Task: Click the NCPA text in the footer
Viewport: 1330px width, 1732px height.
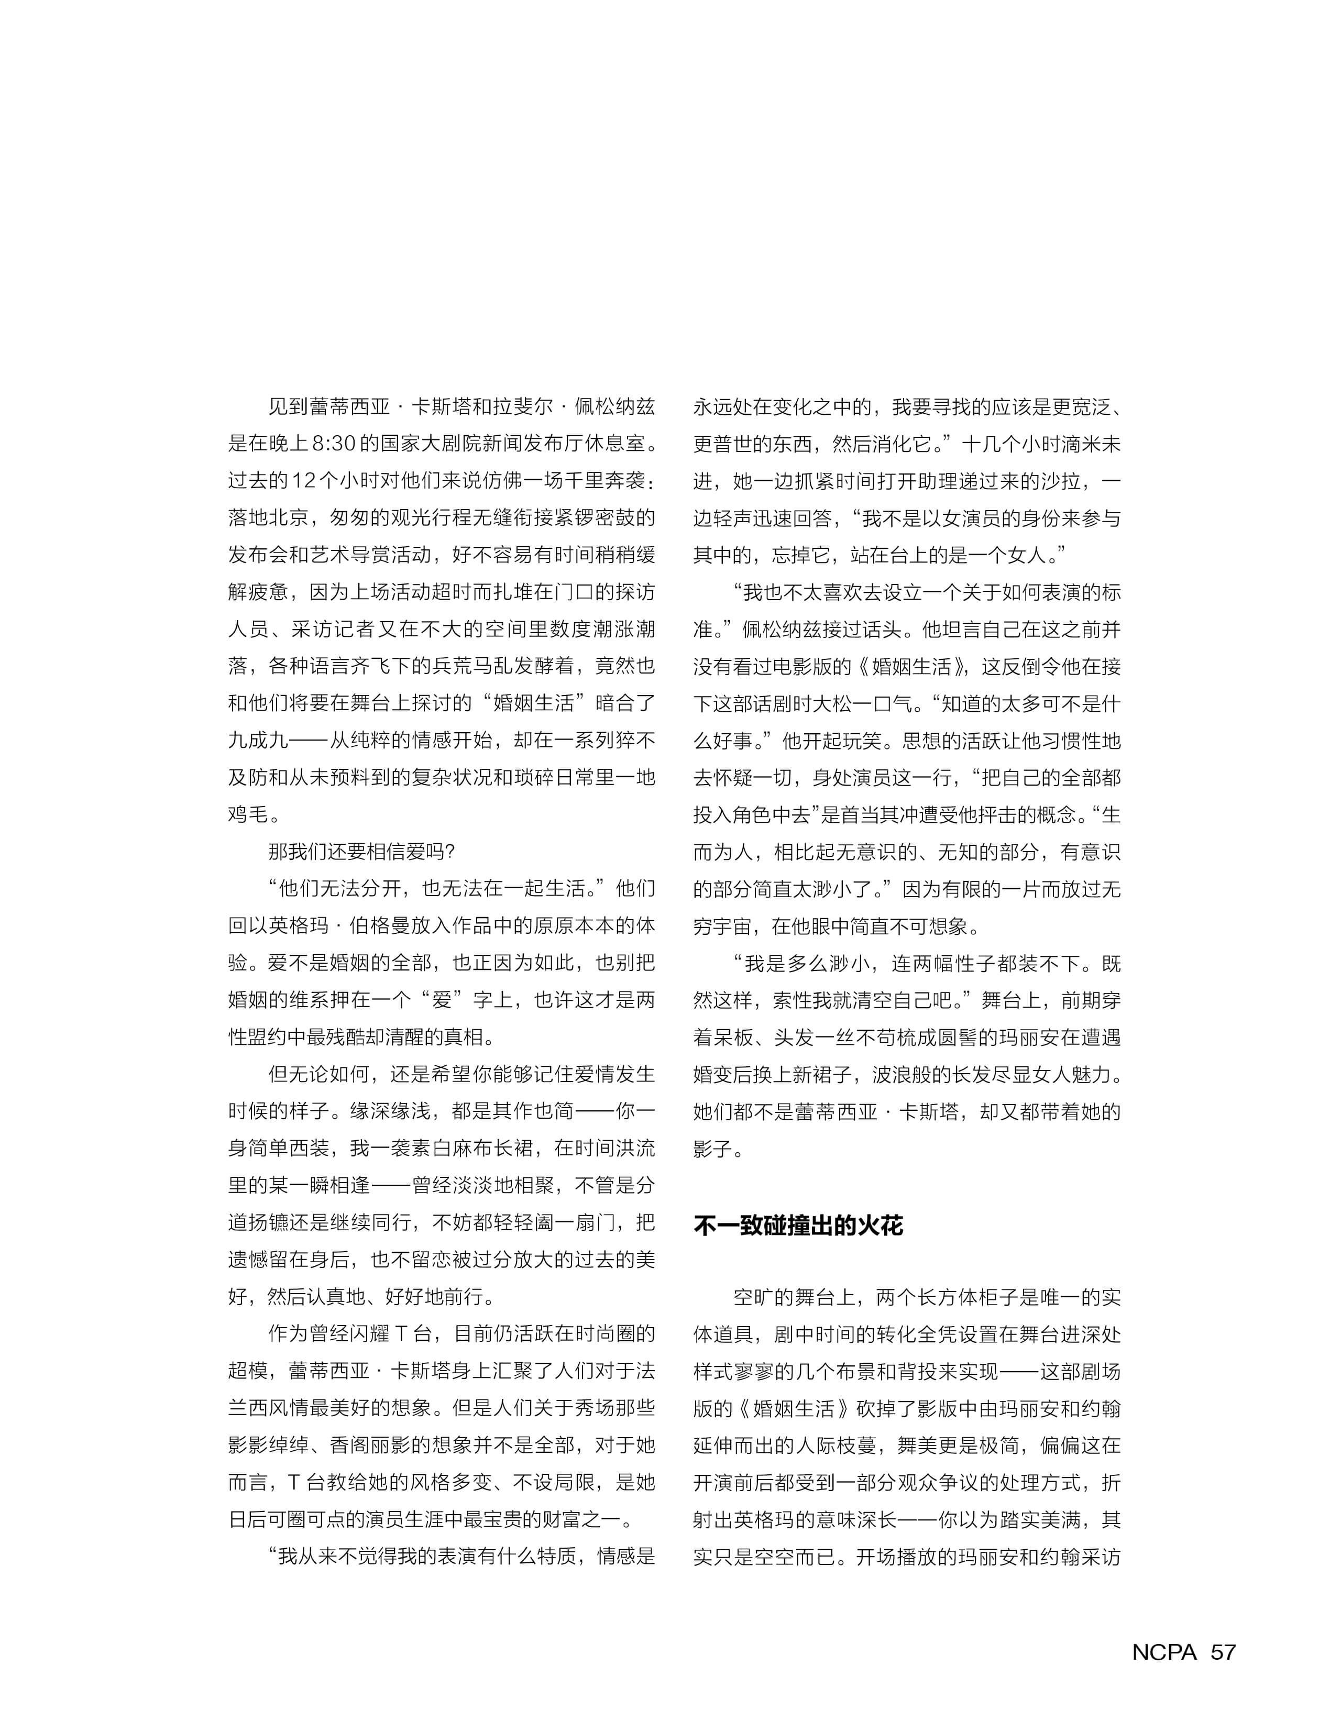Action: (1164, 1651)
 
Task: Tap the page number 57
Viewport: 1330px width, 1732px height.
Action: (1223, 1651)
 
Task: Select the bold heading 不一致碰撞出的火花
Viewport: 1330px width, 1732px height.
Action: (798, 1226)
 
